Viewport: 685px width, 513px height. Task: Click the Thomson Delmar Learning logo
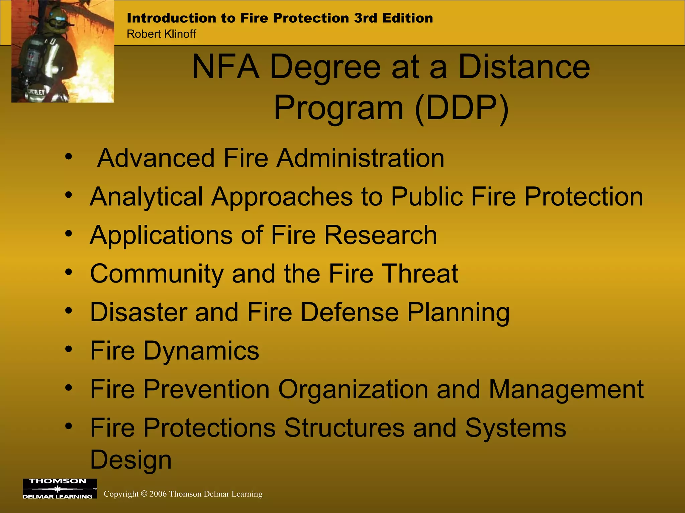[60, 488]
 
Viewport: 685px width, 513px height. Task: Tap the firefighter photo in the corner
[63, 51]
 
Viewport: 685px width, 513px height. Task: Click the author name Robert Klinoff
[161, 34]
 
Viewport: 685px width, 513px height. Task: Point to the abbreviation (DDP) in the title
[462, 108]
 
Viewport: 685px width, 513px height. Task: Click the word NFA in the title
[226, 67]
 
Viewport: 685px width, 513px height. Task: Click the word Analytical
[146, 197]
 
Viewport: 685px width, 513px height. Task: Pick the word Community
[157, 274]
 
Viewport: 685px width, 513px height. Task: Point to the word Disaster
[138, 312]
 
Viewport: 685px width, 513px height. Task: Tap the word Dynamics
[201, 351]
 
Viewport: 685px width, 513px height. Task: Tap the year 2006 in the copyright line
[158, 494]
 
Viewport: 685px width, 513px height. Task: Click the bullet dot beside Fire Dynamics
[69, 349]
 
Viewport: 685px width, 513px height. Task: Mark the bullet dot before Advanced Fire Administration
[69, 156]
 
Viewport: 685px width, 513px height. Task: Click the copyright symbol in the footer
[144, 494]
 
